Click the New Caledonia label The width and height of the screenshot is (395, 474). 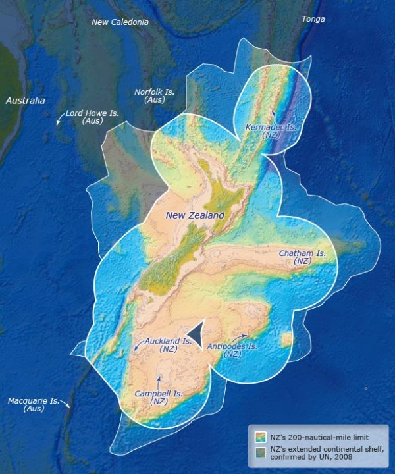pyautogui.click(x=120, y=22)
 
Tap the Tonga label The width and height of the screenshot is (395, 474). pyautogui.click(x=313, y=19)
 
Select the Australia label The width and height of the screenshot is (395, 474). pyautogui.click(x=26, y=101)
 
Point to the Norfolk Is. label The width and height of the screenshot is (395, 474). pyautogui.click(x=154, y=95)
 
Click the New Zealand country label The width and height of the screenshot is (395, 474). pyautogui.click(x=195, y=215)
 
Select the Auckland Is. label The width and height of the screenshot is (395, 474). pyautogui.click(x=169, y=345)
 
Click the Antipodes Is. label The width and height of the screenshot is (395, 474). pyautogui.click(x=232, y=349)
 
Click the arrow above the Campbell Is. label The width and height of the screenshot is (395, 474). pyautogui.click(x=159, y=381)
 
